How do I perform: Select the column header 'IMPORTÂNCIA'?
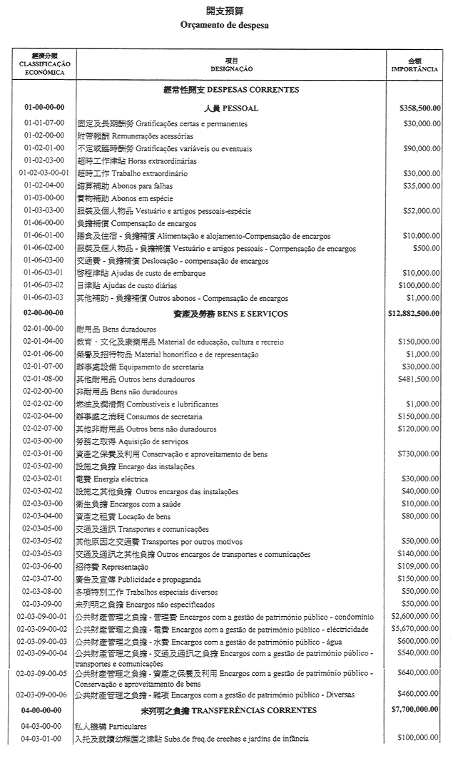414,69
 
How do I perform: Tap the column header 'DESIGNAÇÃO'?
231,68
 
